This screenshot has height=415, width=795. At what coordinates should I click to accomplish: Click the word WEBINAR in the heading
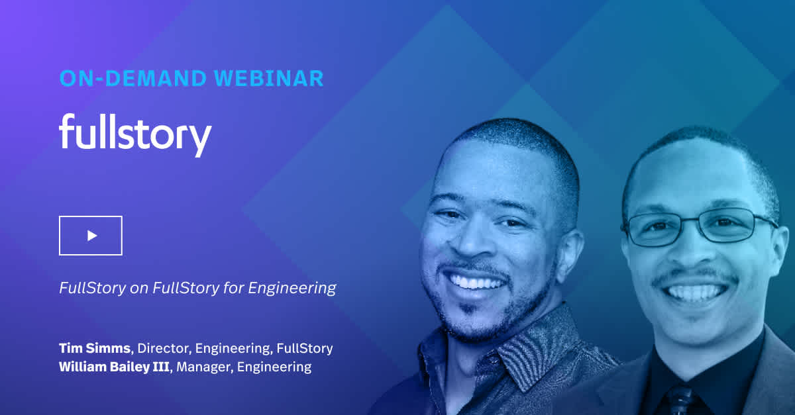pos(269,78)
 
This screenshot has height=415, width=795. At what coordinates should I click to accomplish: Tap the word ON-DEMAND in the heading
pos(133,78)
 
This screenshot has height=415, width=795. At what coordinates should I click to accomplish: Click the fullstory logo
pos(135,135)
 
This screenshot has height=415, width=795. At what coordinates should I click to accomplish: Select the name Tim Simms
pos(95,348)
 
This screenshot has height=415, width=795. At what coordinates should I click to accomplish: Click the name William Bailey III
pos(114,367)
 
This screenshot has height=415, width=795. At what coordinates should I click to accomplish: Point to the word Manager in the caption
pos(205,367)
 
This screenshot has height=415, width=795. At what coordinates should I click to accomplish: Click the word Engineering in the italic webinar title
pos(292,288)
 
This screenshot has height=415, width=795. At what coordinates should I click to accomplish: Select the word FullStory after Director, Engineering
pos(305,348)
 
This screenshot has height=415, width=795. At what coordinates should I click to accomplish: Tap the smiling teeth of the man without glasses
pos(476,283)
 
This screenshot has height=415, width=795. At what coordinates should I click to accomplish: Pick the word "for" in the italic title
pos(233,288)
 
